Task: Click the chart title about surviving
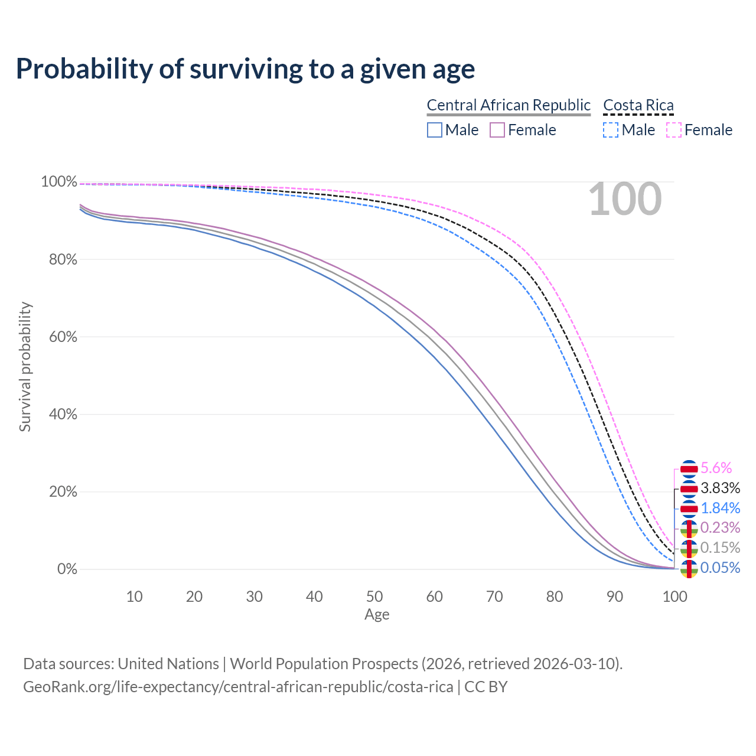[x=245, y=69]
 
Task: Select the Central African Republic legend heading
[x=509, y=105]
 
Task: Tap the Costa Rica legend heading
[x=638, y=105]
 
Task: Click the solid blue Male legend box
[x=435, y=130]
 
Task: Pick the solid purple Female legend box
[x=497, y=130]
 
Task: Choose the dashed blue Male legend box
[x=611, y=130]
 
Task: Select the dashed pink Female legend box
[x=674, y=130]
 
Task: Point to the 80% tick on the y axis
[x=59, y=259]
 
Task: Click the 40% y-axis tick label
[x=59, y=415]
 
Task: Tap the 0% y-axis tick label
[x=67, y=569]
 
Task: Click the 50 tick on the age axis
[x=374, y=597]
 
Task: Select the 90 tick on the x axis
[x=615, y=597]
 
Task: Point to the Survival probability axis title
[x=25, y=367]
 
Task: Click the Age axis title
[x=377, y=615]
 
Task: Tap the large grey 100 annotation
[x=625, y=199]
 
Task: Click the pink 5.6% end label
[x=716, y=468]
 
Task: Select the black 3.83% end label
[x=720, y=488]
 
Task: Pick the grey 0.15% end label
[x=720, y=548]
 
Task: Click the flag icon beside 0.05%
[x=689, y=568]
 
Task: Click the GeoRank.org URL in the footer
[x=238, y=687]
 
